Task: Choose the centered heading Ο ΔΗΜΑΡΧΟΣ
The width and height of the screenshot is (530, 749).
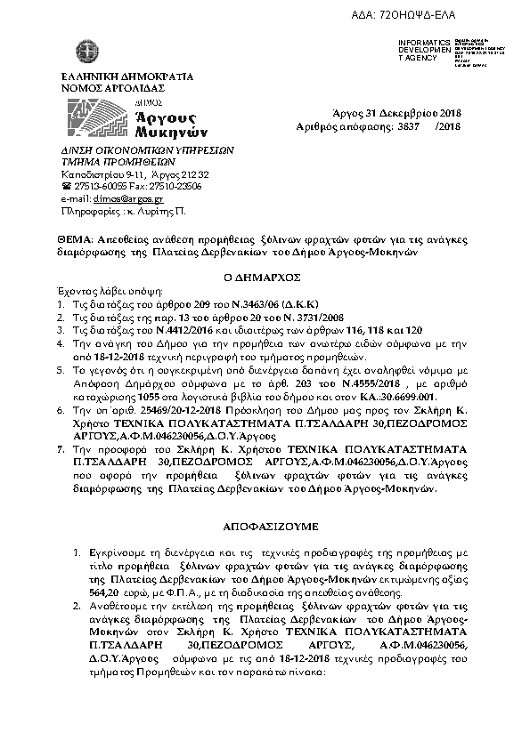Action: pos(264,277)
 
